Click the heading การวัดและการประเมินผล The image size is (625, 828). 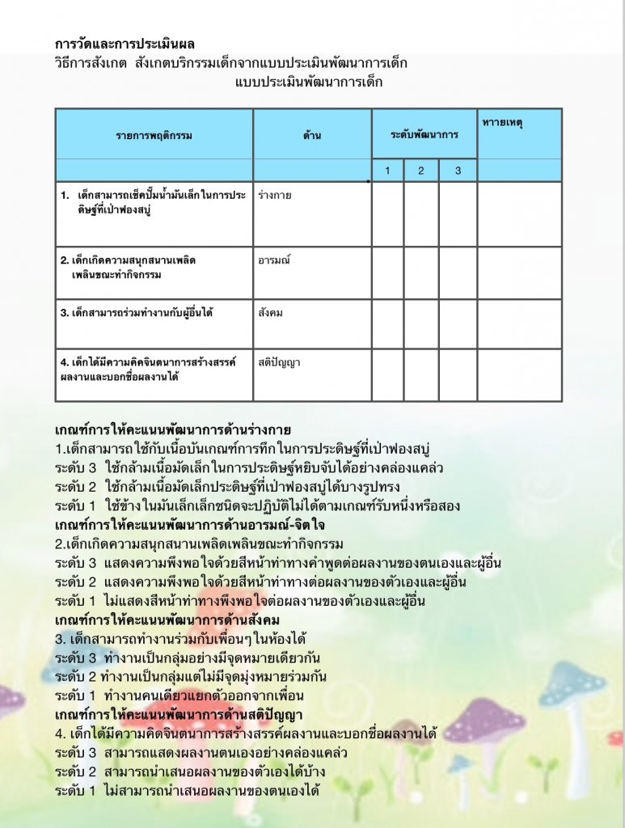125,44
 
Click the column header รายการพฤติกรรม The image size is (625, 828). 154,135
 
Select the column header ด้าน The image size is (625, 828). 312,135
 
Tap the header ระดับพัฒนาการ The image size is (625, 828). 424,133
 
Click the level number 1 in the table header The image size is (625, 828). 387,171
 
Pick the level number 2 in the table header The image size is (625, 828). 421,171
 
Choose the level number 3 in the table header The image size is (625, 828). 457,171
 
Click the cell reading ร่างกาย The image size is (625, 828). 274,196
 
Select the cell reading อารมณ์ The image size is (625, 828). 274,260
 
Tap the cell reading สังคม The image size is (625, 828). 271,312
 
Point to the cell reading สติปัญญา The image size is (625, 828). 279,362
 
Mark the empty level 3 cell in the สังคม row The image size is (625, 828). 458,323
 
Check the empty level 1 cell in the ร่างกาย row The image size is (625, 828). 387,213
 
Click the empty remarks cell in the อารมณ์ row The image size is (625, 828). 518,273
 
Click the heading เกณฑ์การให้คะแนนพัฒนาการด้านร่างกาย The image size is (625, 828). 173,429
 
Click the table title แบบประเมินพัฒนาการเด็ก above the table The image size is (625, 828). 309,82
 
